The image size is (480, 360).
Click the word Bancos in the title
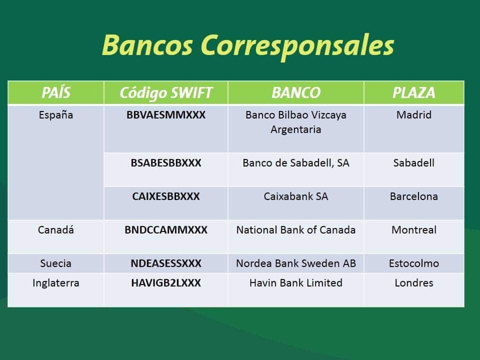click(x=147, y=45)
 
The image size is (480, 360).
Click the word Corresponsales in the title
click(x=297, y=46)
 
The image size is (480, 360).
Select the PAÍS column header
click(x=56, y=92)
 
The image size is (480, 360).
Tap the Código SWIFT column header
click(x=166, y=93)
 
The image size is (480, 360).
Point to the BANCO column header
click(x=296, y=93)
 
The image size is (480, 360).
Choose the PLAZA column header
click(x=414, y=93)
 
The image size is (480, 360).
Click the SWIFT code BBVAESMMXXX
click(x=166, y=115)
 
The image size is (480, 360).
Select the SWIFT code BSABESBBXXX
click(x=166, y=163)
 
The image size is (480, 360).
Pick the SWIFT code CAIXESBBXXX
click(x=166, y=196)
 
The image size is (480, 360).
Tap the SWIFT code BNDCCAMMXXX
click(x=166, y=230)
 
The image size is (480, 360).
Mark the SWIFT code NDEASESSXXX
click(x=166, y=263)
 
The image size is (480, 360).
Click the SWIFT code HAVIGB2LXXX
click(x=166, y=283)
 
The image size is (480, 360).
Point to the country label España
click(x=56, y=115)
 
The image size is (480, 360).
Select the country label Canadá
click(x=56, y=229)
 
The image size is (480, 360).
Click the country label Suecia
click(x=56, y=263)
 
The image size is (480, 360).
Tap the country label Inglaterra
click(x=56, y=283)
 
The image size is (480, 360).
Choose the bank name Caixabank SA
click(x=296, y=196)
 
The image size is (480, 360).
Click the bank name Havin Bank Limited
click(x=296, y=283)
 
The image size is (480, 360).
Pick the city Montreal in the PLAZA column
click(x=414, y=230)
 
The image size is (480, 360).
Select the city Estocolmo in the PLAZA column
click(x=414, y=263)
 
